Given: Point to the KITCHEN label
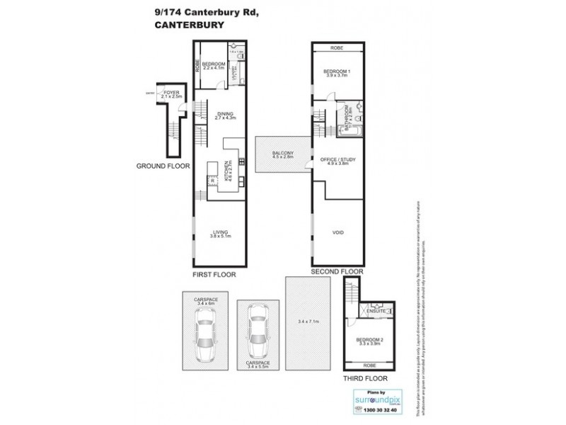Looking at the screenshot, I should tap(226, 171).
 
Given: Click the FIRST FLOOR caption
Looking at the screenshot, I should tap(214, 273).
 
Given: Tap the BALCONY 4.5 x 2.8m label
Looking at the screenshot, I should tap(282, 154).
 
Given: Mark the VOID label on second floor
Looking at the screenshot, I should tap(337, 232).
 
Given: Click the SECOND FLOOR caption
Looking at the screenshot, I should tap(337, 271).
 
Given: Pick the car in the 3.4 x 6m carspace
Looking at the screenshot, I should tap(205, 338).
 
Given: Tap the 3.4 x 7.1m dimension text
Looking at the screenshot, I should tap(308, 322).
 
